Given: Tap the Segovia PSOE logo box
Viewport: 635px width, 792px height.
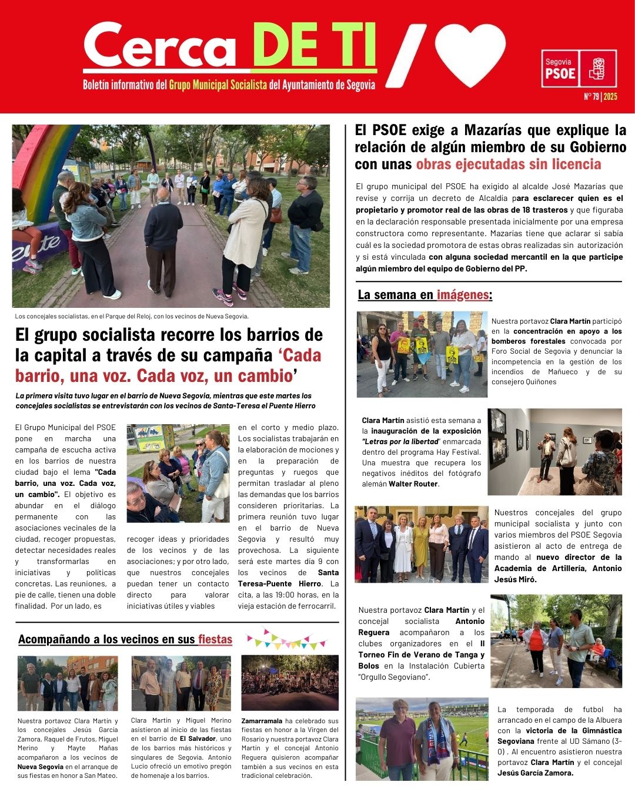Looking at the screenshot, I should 579,69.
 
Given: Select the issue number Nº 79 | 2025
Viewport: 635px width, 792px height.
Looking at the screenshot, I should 600,97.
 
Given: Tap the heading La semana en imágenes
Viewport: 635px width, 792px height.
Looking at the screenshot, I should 425,295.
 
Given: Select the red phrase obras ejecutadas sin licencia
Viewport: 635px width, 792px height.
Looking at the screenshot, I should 509,165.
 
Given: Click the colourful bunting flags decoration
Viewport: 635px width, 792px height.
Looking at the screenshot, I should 286,638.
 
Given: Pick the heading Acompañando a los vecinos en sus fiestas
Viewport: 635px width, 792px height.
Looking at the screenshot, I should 125,639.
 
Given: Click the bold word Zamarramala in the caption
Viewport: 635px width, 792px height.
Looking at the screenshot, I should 262,721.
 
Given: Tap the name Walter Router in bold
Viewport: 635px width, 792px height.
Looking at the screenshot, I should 413,484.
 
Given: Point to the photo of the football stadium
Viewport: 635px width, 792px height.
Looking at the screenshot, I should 422,739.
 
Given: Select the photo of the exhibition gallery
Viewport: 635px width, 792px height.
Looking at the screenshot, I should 554,451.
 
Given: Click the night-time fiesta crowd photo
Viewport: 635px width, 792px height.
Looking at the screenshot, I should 290,683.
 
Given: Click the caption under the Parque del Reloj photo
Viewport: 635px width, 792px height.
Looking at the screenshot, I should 132,316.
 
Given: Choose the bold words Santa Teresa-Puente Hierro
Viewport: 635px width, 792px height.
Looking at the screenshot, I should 288,578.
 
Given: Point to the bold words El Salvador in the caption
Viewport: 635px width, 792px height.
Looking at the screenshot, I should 198,739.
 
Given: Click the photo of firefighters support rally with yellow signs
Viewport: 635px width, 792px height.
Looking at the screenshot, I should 422,354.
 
